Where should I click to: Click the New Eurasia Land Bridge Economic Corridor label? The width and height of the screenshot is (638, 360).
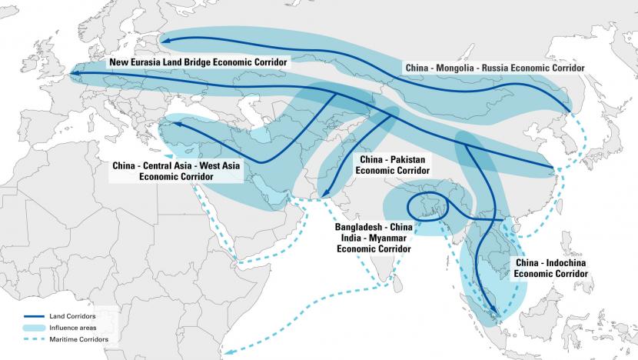point(198,61)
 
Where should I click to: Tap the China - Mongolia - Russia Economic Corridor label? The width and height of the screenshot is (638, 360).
point(494,68)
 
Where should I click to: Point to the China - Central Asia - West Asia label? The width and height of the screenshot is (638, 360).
point(176,170)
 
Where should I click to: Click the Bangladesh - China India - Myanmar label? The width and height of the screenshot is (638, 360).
point(373,238)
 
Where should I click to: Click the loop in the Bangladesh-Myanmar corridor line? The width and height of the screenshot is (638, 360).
point(421,205)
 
